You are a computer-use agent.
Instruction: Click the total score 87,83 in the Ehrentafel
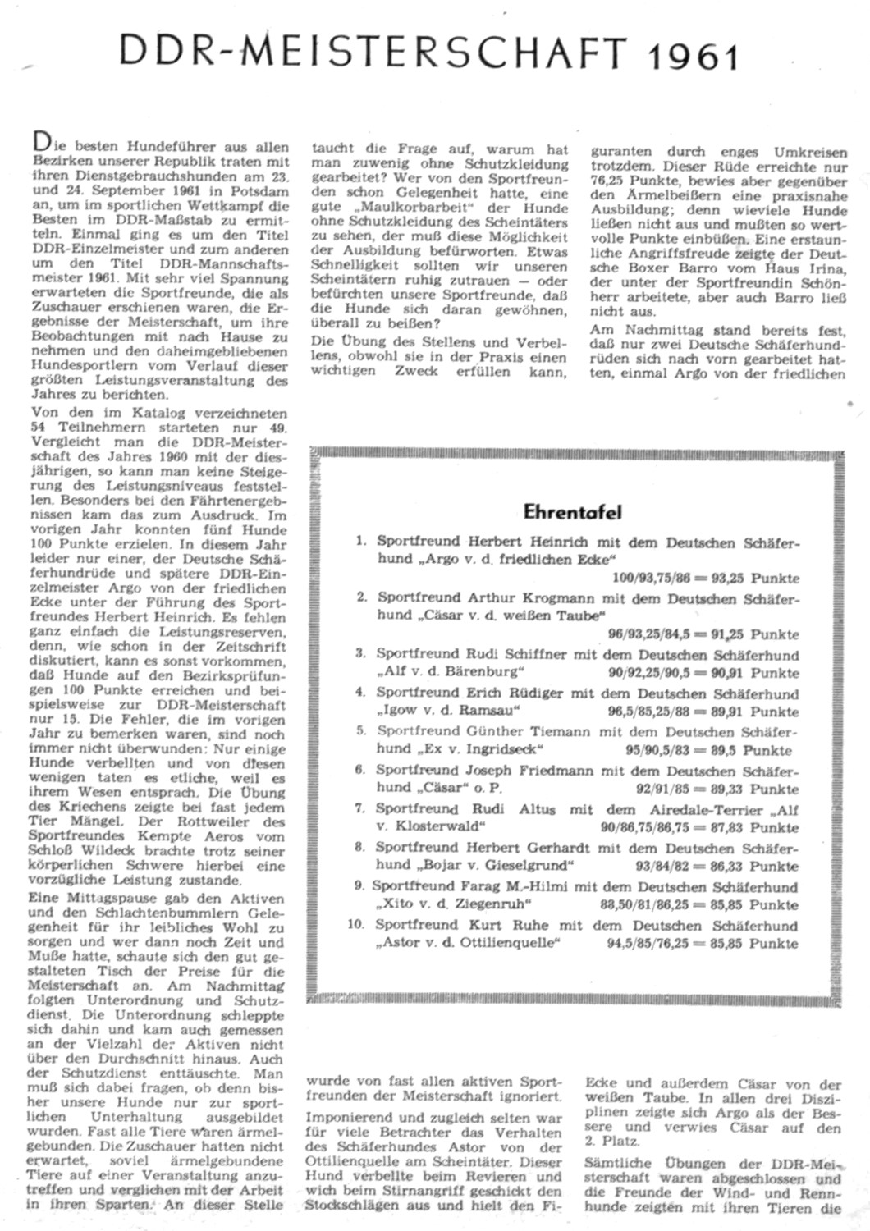pos(726,827)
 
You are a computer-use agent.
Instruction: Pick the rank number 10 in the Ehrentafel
pos(355,924)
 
